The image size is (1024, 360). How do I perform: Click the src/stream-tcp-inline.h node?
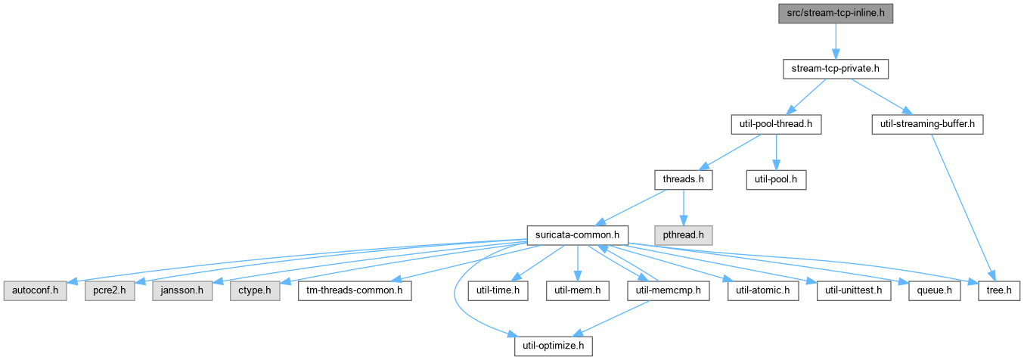click(835, 14)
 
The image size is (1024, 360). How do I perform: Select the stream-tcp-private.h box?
click(835, 69)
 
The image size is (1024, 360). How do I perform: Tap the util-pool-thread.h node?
click(776, 124)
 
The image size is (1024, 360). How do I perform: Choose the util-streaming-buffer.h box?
click(927, 124)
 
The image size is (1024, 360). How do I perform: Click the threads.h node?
click(683, 179)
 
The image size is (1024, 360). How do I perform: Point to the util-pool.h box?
click(776, 179)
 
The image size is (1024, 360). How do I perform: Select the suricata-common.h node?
click(577, 235)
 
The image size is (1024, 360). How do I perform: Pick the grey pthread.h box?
click(683, 235)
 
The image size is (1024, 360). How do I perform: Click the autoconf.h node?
click(36, 290)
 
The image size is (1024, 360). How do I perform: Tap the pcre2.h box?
click(109, 290)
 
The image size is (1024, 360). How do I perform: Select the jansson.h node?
click(182, 290)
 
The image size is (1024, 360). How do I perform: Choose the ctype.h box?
click(255, 290)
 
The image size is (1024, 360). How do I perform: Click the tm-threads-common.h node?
click(354, 290)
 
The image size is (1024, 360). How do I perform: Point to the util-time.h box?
click(498, 290)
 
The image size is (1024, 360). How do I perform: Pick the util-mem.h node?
click(577, 290)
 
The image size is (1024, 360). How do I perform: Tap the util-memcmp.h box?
click(668, 290)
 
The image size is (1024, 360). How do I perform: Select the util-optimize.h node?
click(553, 346)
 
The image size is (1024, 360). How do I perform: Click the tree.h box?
click(999, 290)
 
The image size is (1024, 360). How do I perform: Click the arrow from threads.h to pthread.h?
click(683, 208)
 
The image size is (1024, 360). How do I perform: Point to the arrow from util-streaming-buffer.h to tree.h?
click(962, 208)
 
